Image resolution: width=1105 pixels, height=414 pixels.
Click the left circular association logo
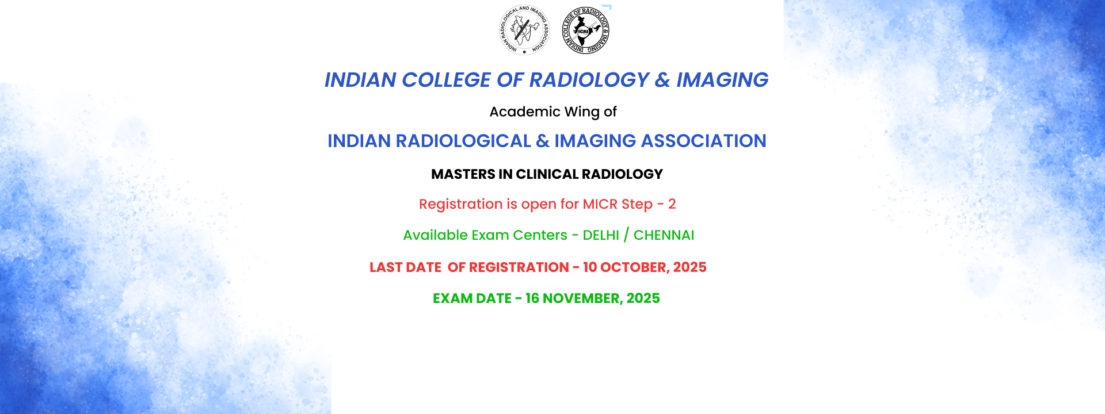click(x=524, y=30)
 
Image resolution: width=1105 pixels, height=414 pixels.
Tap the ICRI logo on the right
click(x=585, y=30)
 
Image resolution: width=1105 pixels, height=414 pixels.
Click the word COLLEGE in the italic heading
click(x=446, y=80)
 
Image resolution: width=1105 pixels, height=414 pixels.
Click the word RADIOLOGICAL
click(x=463, y=141)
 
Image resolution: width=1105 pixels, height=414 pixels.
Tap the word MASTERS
click(x=463, y=174)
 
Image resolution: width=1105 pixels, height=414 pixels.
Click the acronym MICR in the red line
click(x=600, y=204)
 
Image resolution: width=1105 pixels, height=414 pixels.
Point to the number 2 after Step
click(x=672, y=204)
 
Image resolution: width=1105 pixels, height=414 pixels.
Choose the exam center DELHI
click(x=601, y=235)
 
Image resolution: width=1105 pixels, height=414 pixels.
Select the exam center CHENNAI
click(x=664, y=235)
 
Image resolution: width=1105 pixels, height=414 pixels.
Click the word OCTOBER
click(x=633, y=267)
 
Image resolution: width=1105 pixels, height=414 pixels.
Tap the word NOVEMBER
click(x=581, y=298)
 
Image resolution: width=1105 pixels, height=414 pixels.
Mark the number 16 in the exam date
click(x=532, y=298)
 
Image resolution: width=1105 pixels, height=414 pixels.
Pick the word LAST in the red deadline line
click(x=386, y=267)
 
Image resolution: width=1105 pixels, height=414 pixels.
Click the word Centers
click(x=540, y=235)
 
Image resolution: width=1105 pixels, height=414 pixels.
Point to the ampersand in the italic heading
click(x=662, y=80)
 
